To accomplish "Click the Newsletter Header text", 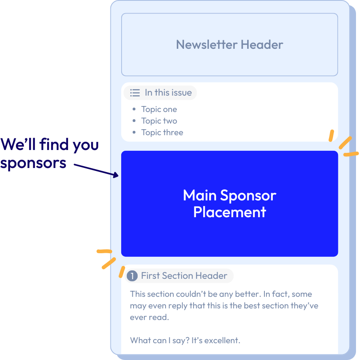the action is [230, 44].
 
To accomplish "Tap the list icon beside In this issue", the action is [135, 93].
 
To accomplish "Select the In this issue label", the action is [168, 93].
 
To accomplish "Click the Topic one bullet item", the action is [159, 109].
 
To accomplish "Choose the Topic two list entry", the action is [159, 121].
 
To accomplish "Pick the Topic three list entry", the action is [162, 132].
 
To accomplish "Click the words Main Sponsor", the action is [230, 195].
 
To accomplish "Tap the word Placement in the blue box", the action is [230, 212].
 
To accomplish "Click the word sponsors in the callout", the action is [33, 162].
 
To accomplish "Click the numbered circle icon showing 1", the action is [132, 276].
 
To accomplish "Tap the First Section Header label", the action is [184, 276].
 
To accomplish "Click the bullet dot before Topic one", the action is [134, 109].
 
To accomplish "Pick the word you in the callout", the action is [86, 144].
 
